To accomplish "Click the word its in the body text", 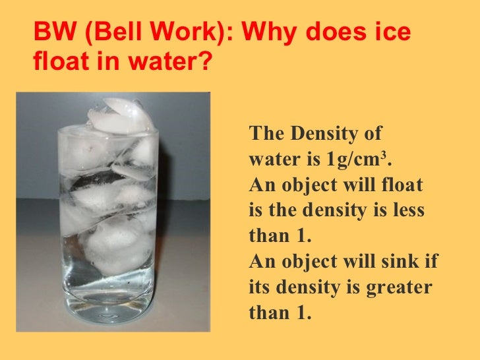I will pos(259,287).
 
